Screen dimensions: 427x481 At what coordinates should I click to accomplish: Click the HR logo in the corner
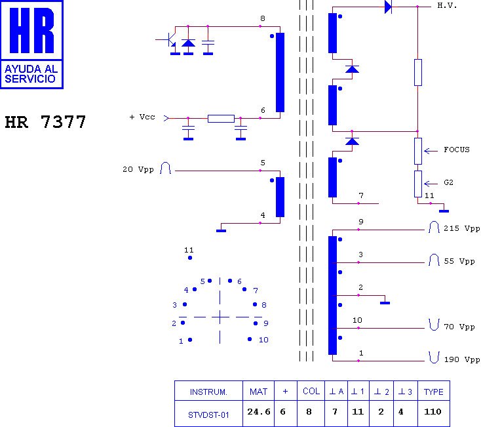32,45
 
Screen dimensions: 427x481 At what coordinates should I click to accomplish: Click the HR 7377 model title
45,123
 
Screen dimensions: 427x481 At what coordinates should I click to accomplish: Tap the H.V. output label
447,6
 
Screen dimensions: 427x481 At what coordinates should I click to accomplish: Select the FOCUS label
456,150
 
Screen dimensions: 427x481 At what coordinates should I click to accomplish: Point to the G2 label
449,183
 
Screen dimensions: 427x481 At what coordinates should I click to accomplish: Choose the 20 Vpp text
138,169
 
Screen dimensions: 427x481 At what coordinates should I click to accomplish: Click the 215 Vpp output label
462,229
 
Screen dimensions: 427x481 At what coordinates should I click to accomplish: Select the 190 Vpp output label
462,359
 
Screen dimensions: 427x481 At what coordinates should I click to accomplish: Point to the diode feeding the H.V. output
388,7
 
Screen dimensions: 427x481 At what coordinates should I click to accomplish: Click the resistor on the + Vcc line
221,119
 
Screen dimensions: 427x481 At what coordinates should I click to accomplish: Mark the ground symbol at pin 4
221,230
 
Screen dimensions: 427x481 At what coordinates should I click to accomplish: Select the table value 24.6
259,413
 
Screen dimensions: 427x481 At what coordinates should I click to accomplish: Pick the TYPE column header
433,392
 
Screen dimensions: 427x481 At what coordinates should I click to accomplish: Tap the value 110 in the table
433,413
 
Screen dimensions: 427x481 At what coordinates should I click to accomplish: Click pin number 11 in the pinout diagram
189,251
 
